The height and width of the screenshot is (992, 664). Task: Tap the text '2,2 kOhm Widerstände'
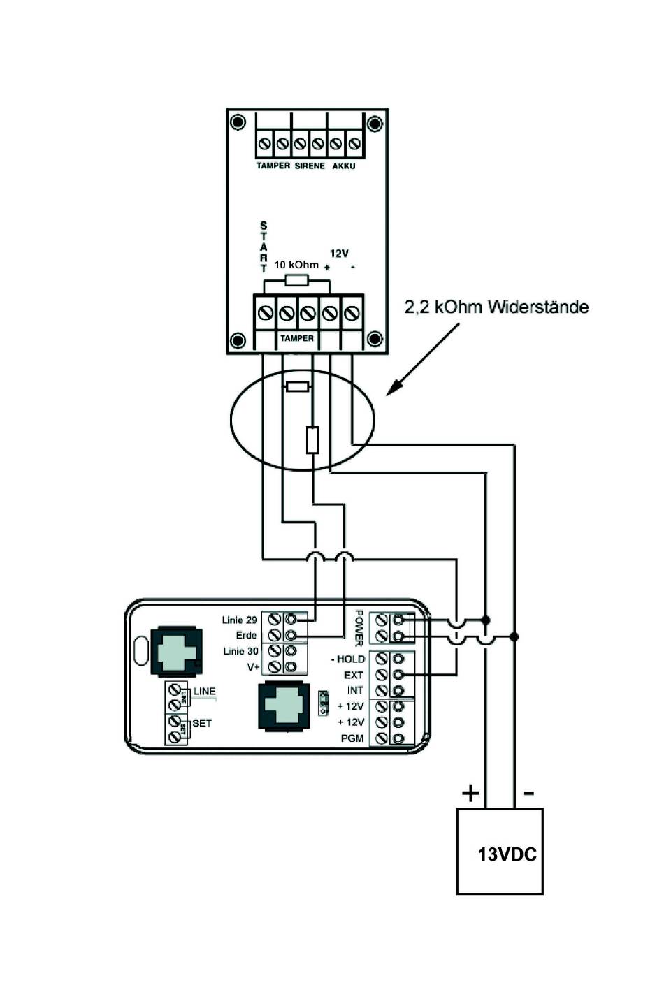pyautogui.click(x=496, y=307)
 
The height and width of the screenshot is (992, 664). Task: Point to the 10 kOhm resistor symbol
pyautogui.click(x=297, y=280)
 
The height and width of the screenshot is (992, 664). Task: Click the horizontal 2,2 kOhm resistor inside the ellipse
pyautogui.click(x=297, y=386)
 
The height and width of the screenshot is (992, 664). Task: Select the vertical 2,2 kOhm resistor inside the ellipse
pyautogui.click(x=312, y=439)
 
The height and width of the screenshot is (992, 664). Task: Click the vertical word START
pyautogui.click(x=264, y=247)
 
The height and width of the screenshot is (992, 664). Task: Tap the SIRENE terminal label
pyautogui.click(x=310, y=166)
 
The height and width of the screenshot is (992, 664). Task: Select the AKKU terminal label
pyautogui.click(x=344, y=166)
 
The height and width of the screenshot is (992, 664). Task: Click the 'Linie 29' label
pyautogui.click(x=240, y=620)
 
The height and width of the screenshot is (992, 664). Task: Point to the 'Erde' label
pyautogui.click(x=246, y=635)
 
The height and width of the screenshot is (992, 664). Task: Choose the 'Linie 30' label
pyautogui.click(x=240, y=651)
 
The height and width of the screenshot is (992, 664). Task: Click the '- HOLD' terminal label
pyautogui.click(x=347, y=659)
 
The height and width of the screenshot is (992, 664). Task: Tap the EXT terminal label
pyautogui.click(x=354, y=675)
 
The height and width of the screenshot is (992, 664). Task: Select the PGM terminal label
pyautogui.click(x=352, y=738)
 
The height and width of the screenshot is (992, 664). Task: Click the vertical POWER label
pyautogui.click(x=359, y=628)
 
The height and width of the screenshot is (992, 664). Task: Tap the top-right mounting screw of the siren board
pyautogui.click(x=375, y=124)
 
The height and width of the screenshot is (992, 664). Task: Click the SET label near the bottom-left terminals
pyautogui.click(x=202, y=723)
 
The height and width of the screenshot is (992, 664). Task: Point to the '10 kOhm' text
pyautogui.click(x=296, y=265)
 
